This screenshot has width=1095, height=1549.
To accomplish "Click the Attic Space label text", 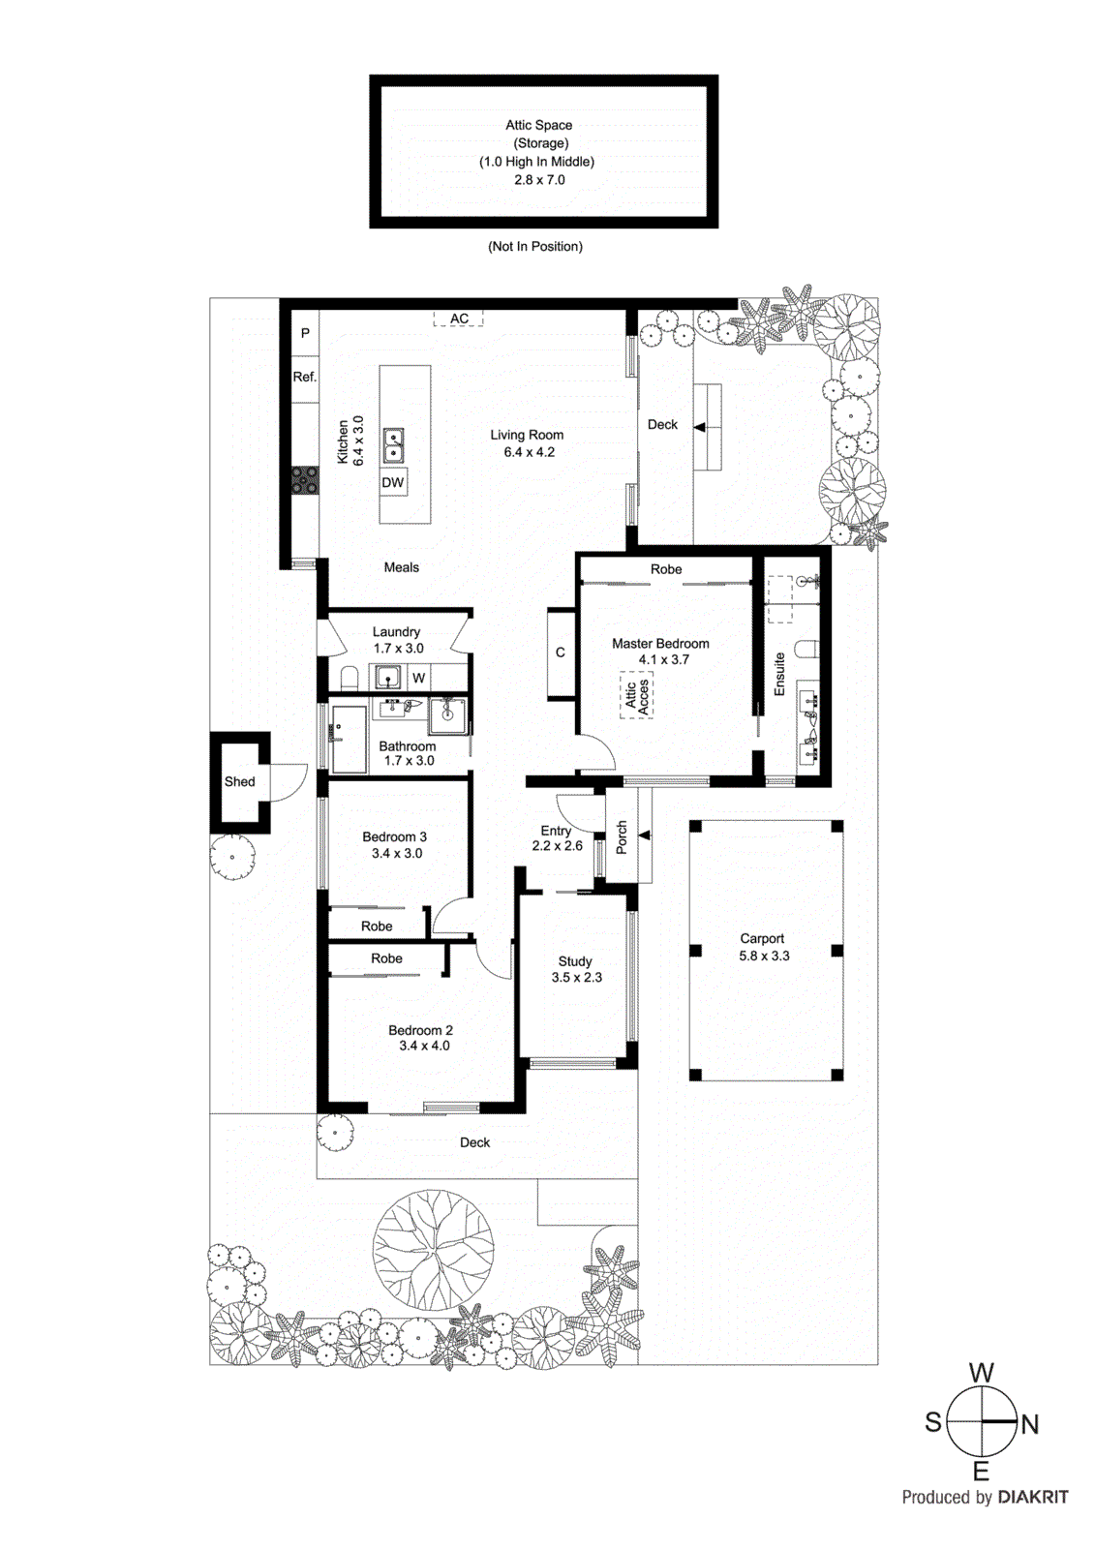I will [x=538, y=125].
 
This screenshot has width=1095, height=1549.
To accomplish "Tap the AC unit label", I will [x=459, y=319].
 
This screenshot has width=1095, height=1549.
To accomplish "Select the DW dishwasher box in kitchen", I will [x=392, y=482].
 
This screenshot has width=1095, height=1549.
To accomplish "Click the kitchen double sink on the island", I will [x=393, y=445].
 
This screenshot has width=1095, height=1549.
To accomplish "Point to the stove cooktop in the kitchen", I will [x=305, y=479].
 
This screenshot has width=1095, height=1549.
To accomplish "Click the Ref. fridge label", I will [x=305, y=377].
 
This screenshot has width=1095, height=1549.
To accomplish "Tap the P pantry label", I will [x=305, y=333].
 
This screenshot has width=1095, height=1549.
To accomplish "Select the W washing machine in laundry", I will [x=418, y=678].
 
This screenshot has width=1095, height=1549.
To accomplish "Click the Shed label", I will [x=239, y=781].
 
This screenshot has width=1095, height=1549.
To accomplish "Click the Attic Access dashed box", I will [x=636, y=695].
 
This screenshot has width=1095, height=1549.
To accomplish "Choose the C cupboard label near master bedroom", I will [x=560, y=653].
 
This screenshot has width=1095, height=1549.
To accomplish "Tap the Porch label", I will [x=622, y=837].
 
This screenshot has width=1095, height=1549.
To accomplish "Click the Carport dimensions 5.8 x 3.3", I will [x=764, y=956].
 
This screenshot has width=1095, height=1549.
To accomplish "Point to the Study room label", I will [x=575, y=961].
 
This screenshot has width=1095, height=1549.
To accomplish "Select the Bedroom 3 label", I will [x=394, y=836].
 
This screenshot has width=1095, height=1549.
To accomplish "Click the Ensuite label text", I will [x=779, y=674].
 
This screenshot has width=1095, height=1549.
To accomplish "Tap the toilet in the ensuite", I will [x=807, y=648].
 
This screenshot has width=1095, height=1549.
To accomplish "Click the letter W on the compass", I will [x=981, y=1373].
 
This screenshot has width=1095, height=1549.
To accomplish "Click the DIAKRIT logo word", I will [x=1033, y=1497].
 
